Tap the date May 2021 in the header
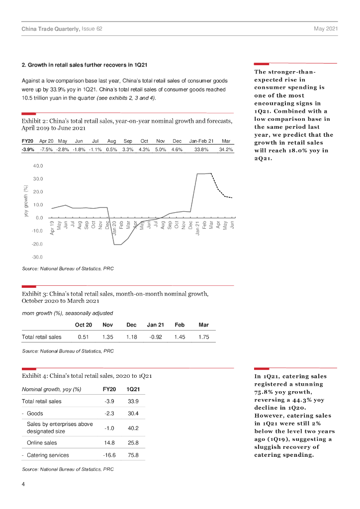click(x=326, y=29)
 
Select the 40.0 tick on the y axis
click(x=38, y=166)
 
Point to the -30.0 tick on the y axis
click(x=37, y=257)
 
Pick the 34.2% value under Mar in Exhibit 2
click(x=226, y=150)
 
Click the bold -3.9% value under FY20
click(x=28, y=150)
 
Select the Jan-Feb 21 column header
click(x=201, y=141)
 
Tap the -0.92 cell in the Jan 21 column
click(x=155, y=337)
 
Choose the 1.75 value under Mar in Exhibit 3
click(x=203, y=337)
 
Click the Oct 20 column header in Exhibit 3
click(x=84, y=325)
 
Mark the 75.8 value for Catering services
click(x=133, y=455)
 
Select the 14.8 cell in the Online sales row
click(x=109, y=443)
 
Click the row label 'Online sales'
click(x=42, y=443)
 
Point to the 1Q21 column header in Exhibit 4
click(x=133, y=389)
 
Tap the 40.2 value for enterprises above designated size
click(x=133, y=428)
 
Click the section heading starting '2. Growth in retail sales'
click(x=85, y=65)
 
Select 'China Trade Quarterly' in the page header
click(x=50, y=29)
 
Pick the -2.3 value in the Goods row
click(x=109, y=414)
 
